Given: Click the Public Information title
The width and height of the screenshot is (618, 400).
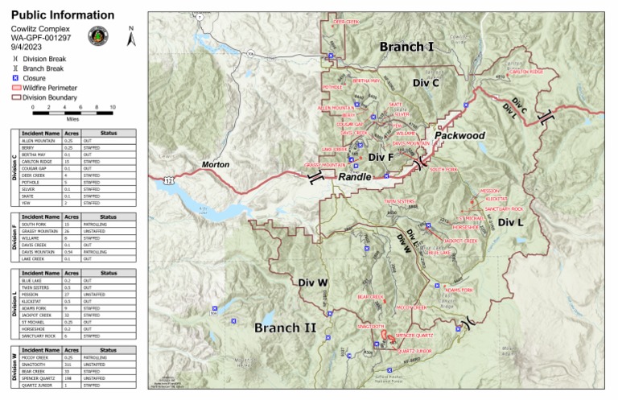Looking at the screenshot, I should click(x=62, y=15).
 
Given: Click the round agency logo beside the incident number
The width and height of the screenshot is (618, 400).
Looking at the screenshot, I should click(x=98, y=36).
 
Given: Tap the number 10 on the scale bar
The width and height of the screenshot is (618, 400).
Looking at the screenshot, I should click(x=113, y=106).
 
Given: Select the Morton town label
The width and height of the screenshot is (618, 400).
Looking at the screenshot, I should click(x=215, y=165).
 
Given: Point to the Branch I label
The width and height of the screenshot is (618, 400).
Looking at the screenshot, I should click(x=406, y=47).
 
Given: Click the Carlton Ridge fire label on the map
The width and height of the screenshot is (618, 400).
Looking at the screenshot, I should click(x=527, y=72).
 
